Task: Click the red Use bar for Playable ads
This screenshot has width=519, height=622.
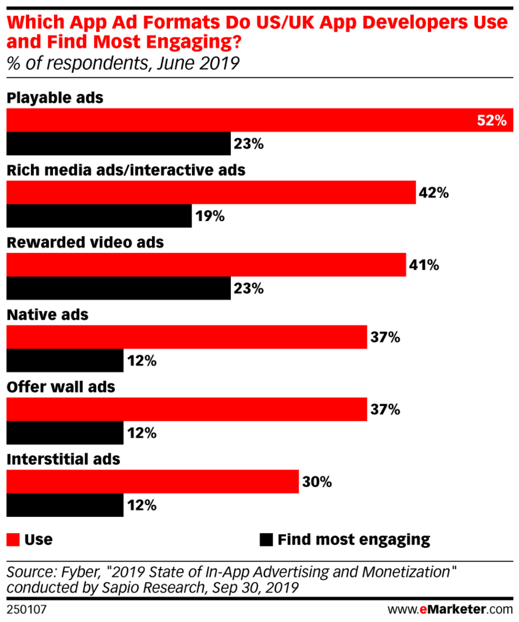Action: pyautogui.click(x=241, y=120)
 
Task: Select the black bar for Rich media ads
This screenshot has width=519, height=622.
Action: pyautogui.click(x=99, y=216)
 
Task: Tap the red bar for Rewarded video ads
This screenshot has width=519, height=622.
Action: pyautogui.click(x=206, y=265)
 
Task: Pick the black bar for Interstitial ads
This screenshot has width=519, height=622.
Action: pyautogui.click(x=65, y=505)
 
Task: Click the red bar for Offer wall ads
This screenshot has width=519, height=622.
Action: pyautogui.click(x=187, y=409)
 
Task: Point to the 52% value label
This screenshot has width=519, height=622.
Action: pyautogui.click(x=492, y=121)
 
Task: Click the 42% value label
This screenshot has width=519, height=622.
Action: pyautogui.click(x=434, y=193)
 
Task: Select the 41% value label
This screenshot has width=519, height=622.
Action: pyautogui.click(x=424, y=265)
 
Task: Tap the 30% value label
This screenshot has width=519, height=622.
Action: pyautogui.click(x=317, y=482)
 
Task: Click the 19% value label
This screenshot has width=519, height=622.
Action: pyautogui.click(x=210, y=216)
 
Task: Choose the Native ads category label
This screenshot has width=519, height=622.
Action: pyautogui.click(x=47, y=314)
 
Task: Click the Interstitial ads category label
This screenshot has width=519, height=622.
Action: pyautogui.click(x=63, y=459)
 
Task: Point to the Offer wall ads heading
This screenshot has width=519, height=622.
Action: pyautogui.click(x=61, y=387)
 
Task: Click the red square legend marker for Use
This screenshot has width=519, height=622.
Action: pyautogui.click(x=13, y=540)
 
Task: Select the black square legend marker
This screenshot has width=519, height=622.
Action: pyautogui.click(x=266, y=540)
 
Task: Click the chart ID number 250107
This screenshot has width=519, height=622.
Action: pyautogui.click(x=26, y=609)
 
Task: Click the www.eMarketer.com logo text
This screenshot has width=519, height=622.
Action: pyautogui.click(x=450, y=609)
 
